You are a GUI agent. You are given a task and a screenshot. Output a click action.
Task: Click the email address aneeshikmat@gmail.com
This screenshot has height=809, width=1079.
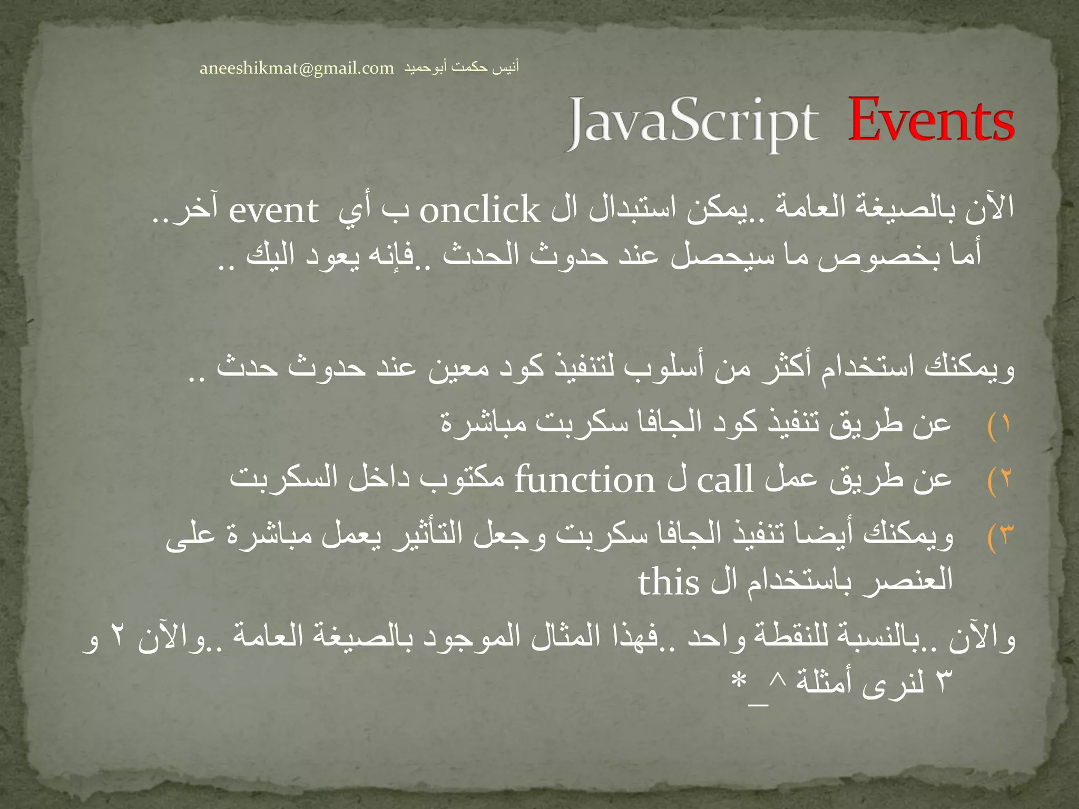click(x=297, y=68)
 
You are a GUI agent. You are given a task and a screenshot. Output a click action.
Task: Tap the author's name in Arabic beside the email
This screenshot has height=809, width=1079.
click(x=462, y=67)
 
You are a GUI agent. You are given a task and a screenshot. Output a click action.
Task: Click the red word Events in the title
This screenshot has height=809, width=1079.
click(x=931, y=122)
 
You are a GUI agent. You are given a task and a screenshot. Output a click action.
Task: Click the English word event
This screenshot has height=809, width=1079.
click(x=274, y=211)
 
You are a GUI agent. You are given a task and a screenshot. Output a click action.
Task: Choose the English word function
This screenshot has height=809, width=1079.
click(x=584, y=480)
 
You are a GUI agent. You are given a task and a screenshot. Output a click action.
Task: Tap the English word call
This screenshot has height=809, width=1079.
click(x=725, y=480)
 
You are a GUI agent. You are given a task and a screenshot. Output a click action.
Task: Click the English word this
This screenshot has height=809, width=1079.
click(x=669, y=583)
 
